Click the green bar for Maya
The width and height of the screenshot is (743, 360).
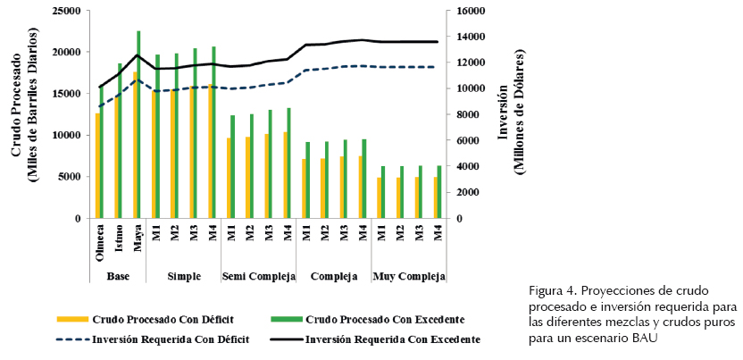pos(138,125)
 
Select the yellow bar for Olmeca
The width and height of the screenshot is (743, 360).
pos(97,166)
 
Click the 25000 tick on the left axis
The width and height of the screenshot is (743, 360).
pos(68,12)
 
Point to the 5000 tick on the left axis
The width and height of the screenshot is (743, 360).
pos(71,177)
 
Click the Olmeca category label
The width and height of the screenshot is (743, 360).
pos(100,243)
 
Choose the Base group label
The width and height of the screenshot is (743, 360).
pos(118,276)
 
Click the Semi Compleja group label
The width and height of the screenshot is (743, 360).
pos(258,276)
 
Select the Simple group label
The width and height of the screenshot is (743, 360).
pos(183,276)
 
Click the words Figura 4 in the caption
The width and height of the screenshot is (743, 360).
pos(550,291)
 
